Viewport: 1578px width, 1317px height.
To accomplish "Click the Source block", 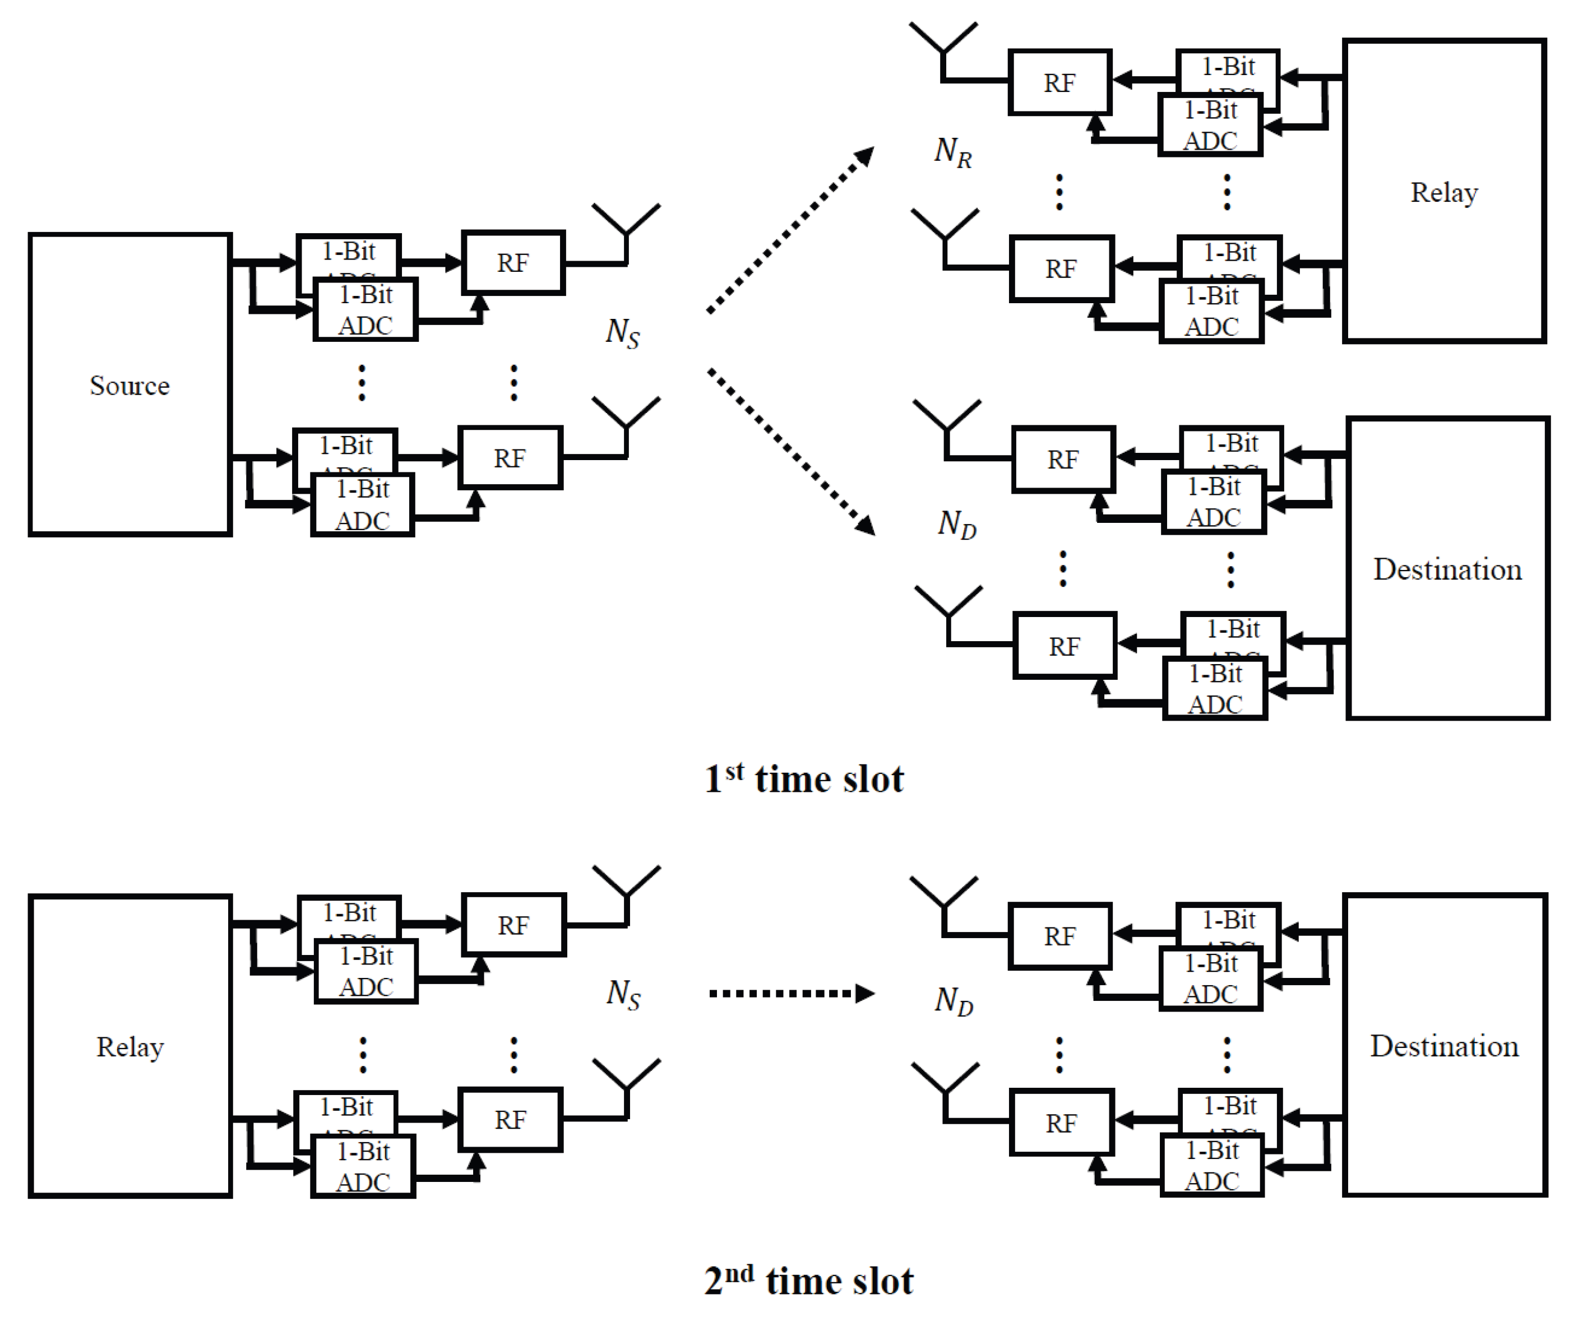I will pos(129,384).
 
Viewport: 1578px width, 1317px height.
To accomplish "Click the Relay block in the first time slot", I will pos(1443,192).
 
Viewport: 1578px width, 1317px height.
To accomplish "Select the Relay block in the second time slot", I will pos(129,1046).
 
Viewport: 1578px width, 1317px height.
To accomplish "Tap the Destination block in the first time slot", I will pos(1446,569).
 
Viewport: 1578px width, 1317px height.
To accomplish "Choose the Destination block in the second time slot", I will pos(1443,1046).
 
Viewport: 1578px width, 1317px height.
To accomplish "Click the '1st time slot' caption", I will pos(803,778).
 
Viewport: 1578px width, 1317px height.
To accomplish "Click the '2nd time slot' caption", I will pos(808,1280).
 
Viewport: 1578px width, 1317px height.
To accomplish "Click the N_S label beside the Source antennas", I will pos(622,333).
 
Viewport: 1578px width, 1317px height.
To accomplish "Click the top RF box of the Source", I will pos(512,262).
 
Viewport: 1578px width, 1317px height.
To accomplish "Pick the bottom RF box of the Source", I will pos(510,457).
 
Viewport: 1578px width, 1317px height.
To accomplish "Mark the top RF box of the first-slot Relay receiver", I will pos(1059,82).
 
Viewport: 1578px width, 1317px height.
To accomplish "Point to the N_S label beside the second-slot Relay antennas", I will pos(623,995).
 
